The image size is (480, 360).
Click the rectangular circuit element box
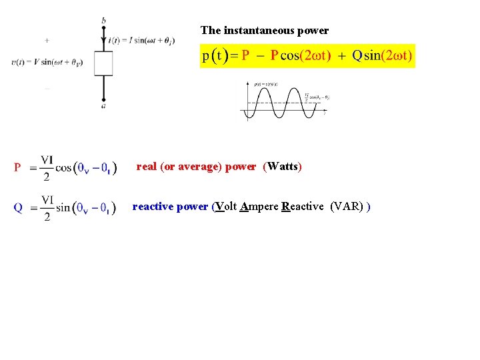click(x=103, y=63)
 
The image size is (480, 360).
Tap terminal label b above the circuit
click(x=103, y=21)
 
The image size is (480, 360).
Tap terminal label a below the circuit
click(x=103, y=105)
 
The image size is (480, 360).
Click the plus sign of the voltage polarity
click(x=47, y=40)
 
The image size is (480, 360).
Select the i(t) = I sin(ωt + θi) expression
click(x=141, y=40)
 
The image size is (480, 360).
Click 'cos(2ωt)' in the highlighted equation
click(x=306, y=56)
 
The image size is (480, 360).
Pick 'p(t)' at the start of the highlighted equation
click(x=215, y=56)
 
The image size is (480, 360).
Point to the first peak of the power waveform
click(x=261, y=90)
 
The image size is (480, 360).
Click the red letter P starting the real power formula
click(x=18, y=168)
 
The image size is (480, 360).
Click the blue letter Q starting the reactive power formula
click(x=18, y=207)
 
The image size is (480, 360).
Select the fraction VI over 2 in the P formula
click(x=47, y=168)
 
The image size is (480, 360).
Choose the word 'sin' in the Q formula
click(x=63, y=207)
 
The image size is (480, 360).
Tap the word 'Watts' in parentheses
click(x=283, y=166)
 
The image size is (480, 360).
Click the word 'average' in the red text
click(x=199, y=166)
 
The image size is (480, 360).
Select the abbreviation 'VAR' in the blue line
click(x=346, y=206)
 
